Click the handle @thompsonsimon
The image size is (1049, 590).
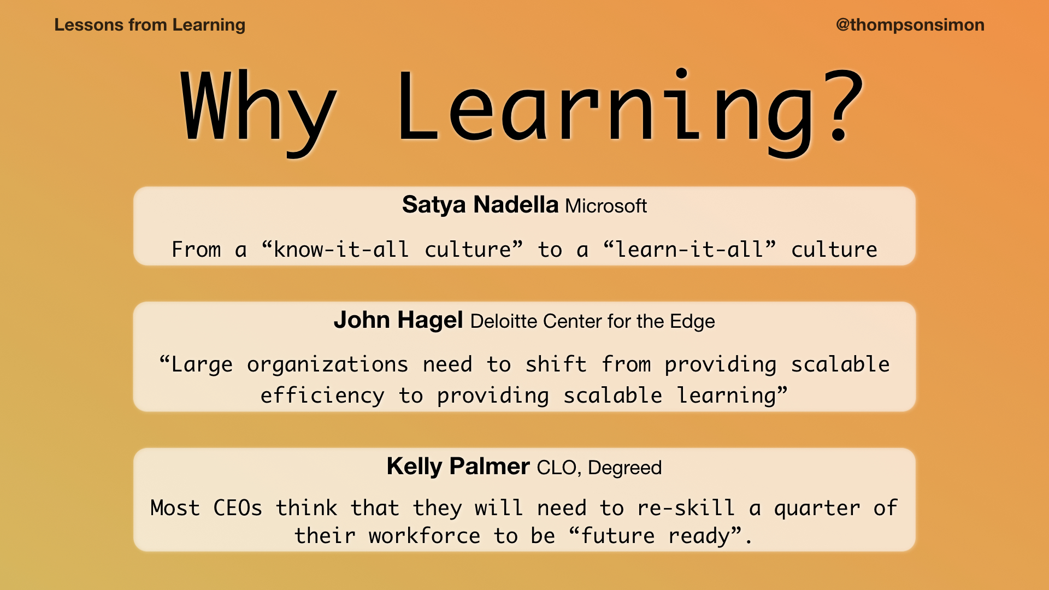pos(910,25)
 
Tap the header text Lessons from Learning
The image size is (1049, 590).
pos(150,25)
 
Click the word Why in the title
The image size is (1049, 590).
pos(258,109)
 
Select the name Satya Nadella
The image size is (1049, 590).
pos(480,205)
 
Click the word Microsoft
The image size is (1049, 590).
pos(606,206)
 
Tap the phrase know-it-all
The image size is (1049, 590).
pos(341,250)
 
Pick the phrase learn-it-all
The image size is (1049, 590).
pos(689,250)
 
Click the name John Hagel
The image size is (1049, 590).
pos(398,320)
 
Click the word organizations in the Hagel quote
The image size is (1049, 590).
pos(327,365)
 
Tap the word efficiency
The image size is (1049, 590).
pos(322,396)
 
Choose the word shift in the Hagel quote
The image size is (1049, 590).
pos(556,364)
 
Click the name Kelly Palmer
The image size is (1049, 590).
pos(458,467)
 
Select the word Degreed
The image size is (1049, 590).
pos(624,468)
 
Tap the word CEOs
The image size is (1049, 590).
pos(238,508)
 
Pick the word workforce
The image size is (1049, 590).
pos(425,536)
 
